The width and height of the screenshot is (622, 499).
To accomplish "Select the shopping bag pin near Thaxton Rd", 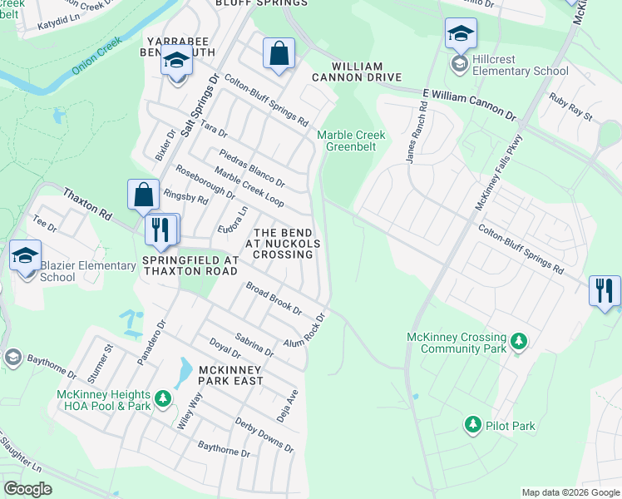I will pyautogui.click(x=144, y=195).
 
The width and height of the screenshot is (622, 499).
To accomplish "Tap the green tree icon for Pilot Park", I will pyautogui.click(x=473, y=426).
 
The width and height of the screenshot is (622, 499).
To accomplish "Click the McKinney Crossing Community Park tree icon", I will pyautogui.click(x=519, y=341).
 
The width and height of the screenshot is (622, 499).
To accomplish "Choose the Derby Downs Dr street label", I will pyautogui.click(x=264, y=434).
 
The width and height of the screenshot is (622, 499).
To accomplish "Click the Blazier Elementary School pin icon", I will pyautogui.click(x=25, y=255).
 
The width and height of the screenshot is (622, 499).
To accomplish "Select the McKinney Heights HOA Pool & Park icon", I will pyautogui.click(x=164, y=400).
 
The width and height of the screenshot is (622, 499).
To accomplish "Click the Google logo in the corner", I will pyautogui.click(x=27, y=489).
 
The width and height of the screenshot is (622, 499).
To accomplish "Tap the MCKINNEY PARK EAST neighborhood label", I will pyautogui.click(x=213, y=375).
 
